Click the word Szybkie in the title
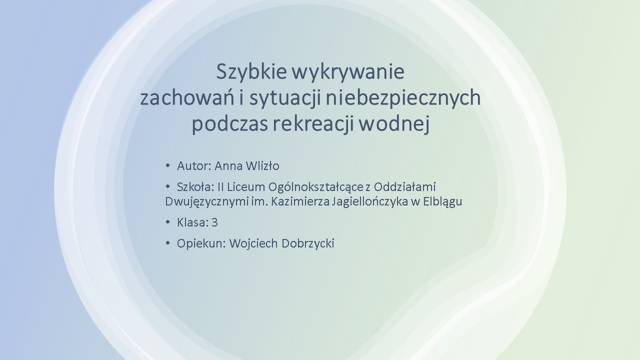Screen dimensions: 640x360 point(251,72)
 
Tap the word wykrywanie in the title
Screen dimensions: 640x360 point(348,72)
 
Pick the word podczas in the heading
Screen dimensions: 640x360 point(230,124)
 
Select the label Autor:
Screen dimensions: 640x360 point(194,166)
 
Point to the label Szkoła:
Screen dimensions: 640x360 point(195,187)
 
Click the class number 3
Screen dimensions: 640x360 point(215,222)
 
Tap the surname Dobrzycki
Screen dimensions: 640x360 point(308,244)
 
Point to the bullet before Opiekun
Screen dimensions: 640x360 point(167,243)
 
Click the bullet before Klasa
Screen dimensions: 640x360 point(167,222)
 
